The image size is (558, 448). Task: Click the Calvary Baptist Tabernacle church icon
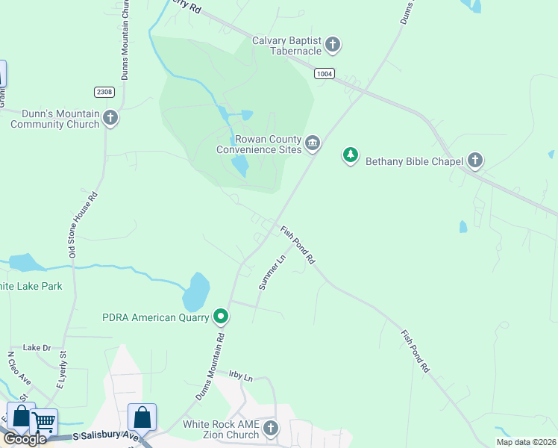(333, 45)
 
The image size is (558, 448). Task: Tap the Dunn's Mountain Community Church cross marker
(110, 118)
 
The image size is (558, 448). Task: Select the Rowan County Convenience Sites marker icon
(312, 143)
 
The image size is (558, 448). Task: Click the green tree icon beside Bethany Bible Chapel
(350, 155)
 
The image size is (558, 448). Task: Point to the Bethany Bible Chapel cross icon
(475, 160)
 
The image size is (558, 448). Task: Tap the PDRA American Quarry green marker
(221, 317)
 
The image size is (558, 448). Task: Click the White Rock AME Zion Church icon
(270, 428)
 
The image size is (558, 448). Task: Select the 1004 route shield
(324, 73)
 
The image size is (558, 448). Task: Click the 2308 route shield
(104, 92)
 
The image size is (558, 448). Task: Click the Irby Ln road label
(242, 376)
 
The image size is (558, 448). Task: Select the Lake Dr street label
(37, 347)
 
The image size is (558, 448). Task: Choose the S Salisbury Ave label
(106, 435)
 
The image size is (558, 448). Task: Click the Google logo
(24, 439)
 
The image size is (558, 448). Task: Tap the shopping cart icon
(44, 422)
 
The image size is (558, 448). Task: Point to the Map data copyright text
(526, 442)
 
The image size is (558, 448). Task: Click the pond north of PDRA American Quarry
(196, 291)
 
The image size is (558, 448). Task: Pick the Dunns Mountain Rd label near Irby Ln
(210, 366)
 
